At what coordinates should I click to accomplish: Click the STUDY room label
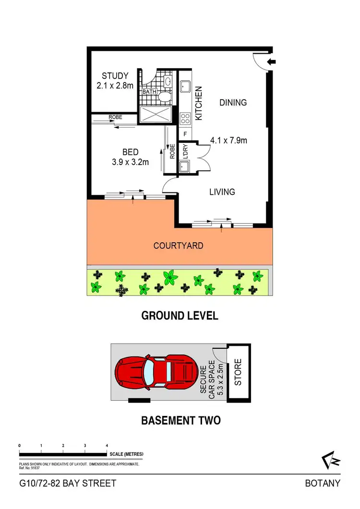click(x=115, y=76)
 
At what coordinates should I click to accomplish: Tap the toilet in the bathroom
click(x=165, y=97)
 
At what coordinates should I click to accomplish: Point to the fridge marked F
click(x=185, y=134)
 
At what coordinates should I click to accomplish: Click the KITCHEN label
click(x=199, y=103)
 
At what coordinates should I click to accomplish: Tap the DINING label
click(x=233, y=102)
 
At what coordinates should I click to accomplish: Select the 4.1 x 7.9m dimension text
click(x=228, y=141)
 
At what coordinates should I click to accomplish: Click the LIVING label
click(x=222, y=192)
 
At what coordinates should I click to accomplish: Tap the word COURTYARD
click(x=178, y=246)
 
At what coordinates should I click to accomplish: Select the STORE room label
click(x=238, y=372)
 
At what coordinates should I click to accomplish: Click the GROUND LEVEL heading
click(x=180, y=316)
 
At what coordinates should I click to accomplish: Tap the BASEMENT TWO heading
click(x=180, y=421)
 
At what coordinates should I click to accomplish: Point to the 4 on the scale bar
click(x=107, y=446)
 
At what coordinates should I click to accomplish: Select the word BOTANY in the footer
click(x=323, y=483)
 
